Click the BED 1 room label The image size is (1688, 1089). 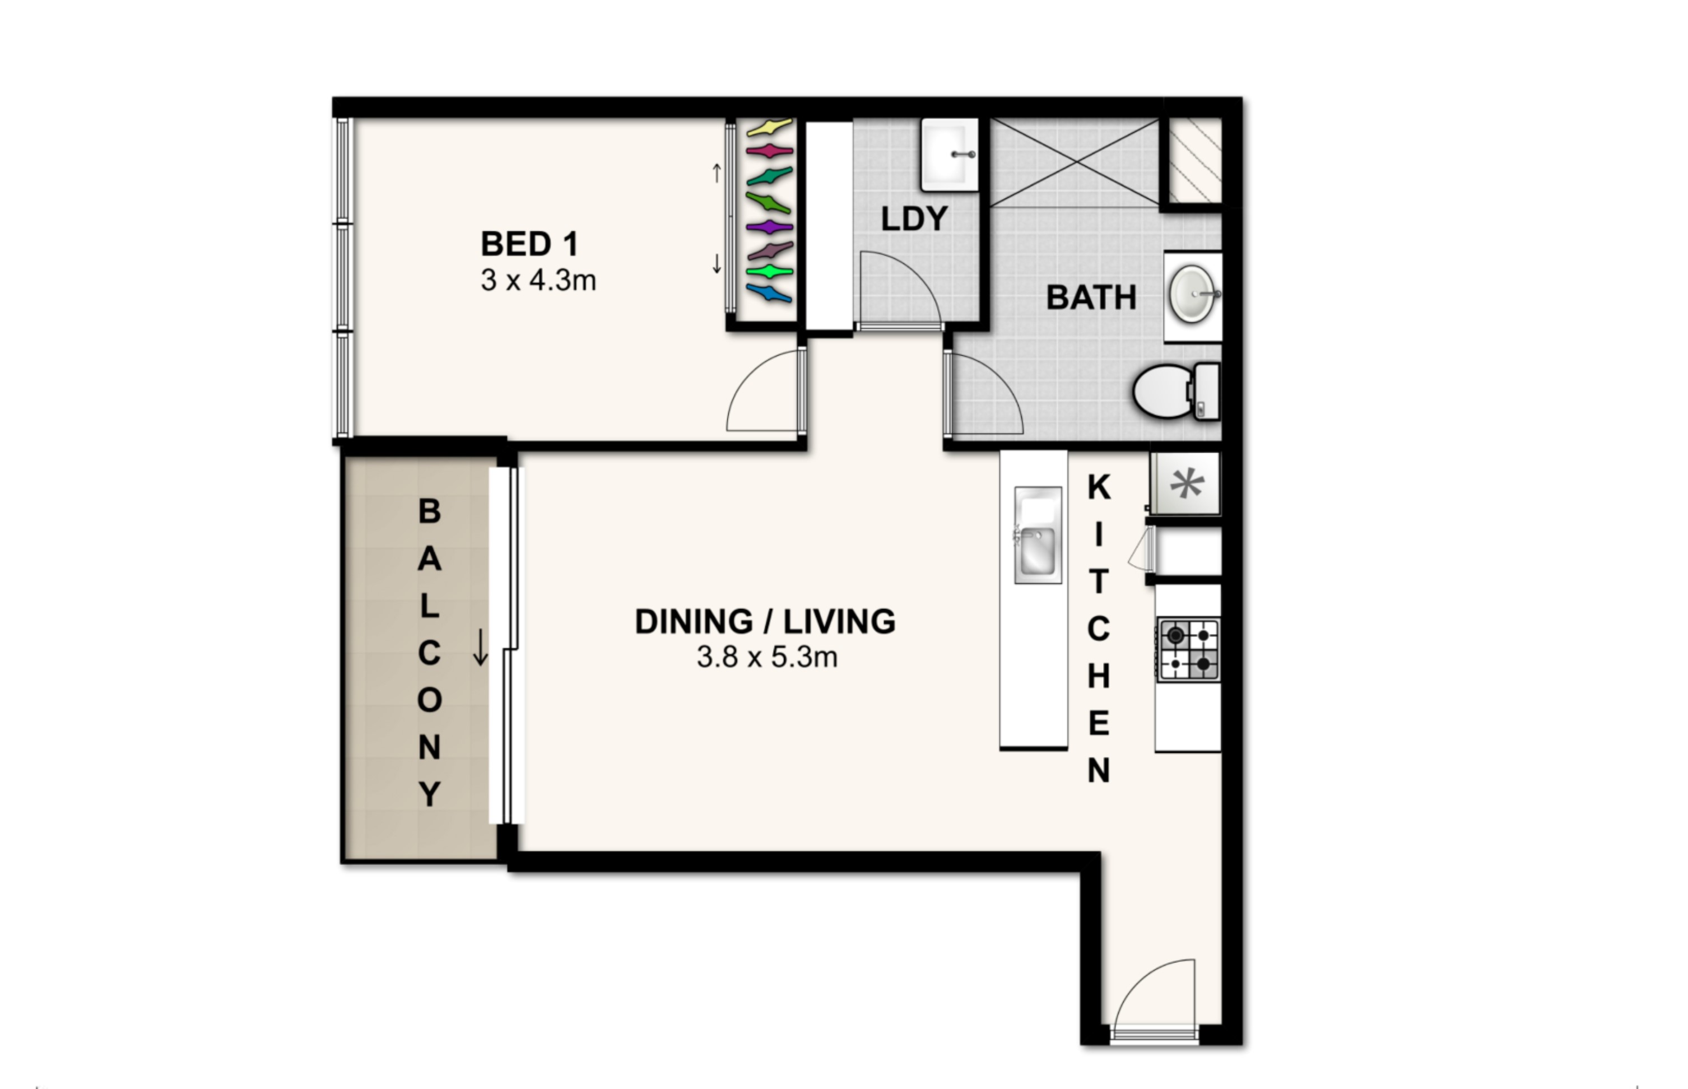tap(529, 244)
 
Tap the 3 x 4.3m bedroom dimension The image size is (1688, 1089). tap(538, 281)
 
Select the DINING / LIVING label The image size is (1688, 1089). tap(765, 622)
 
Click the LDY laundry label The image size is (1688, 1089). tap(914, 219)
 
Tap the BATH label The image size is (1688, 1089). tap(1091, 297)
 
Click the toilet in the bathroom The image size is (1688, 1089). tap(1176, 391)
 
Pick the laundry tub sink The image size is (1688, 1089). tap(950, 154)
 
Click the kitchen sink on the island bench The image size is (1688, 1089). tap(1038, 536)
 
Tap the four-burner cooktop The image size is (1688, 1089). tap(1189, 650)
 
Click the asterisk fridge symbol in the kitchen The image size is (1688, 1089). tap(1187, 485)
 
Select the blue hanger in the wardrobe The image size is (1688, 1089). tap(769, 293)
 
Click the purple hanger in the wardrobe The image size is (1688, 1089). tap(769, 227)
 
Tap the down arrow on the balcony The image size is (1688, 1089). tap(480, 647)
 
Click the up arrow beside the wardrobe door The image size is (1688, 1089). tap(717, 173)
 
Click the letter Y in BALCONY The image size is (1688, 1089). tap(430, 794)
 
